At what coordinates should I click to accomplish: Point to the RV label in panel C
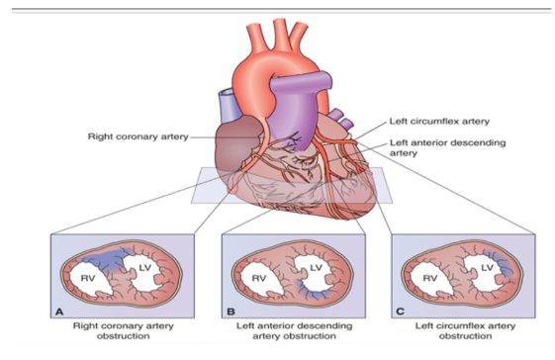[x=433, y=279]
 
